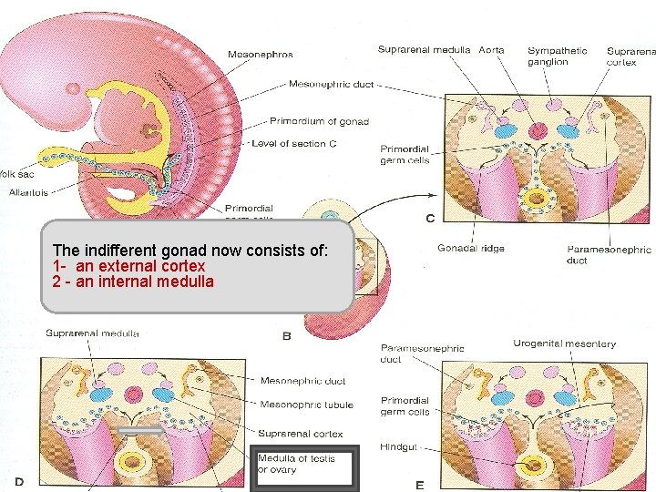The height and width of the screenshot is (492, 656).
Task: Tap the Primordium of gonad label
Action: pyautogui.click(x=315, y=120)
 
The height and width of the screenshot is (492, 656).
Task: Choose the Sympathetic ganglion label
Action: pyautogui.click(x=557, y=56)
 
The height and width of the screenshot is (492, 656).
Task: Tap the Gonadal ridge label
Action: pyautogui.click(x=470, y=249)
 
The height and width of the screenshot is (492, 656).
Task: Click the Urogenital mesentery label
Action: pyautogui.click(x=564, y=344)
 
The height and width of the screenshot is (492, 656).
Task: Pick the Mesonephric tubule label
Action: pyautogui.click(x=307, y=405)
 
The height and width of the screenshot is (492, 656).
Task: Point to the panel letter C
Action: pyautogui.click(x=429, y=218)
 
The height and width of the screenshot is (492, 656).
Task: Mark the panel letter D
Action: pyautogui.click(x=18, y=478)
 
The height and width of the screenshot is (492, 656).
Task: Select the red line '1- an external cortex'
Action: pyautogui.click(x=128, y=265)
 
